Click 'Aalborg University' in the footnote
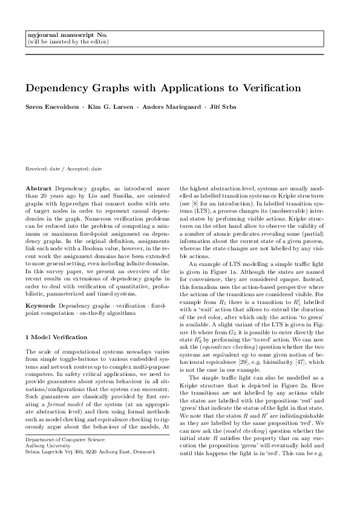click(x=49, y=479)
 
